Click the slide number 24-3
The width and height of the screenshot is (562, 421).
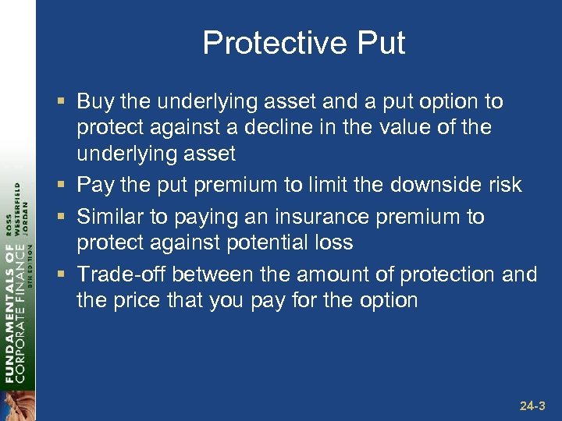tap(532, 406)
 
